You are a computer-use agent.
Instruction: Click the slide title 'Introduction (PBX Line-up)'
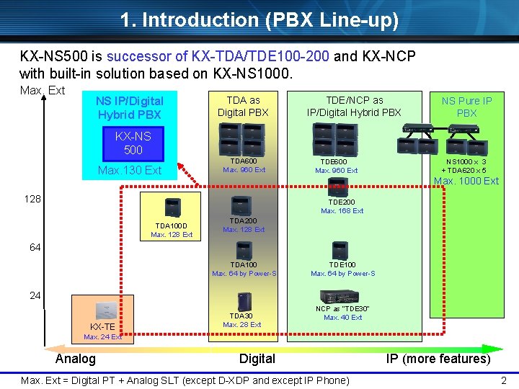pyautogui.click(x=259, y=19)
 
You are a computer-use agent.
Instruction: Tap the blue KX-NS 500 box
pyautogui.click(x=133, y=143)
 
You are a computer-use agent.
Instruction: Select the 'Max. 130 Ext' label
pyautogui.click(x=130, y=170)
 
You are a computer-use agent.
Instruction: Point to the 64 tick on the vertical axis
pyautogui.click(x=35, y=247)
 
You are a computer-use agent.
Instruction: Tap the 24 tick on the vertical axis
pyautogui.click(x=35, y=295)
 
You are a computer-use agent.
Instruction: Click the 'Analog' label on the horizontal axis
pyautogui.click(x=75, y=359)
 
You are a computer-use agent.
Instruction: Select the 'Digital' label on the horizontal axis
pyautogui.click(x=257, y=359)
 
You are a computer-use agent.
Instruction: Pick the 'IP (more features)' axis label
pyautogui.click(x=438, y=359)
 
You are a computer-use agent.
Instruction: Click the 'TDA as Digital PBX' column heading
pyautogui.click(x=243, y=107)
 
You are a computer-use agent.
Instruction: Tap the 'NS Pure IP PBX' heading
pyautogui.click(x=466, y=107)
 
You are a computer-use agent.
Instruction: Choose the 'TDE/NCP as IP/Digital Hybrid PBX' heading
pyautogui.click(x=354, y=107)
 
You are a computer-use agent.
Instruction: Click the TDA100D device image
pyautogui.click(x=172, y=206)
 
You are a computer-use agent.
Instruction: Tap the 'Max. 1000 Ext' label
pyautogui.click(x=466, y=181)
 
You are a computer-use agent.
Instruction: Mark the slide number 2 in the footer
pyautogui.click(x=504, y=380)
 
